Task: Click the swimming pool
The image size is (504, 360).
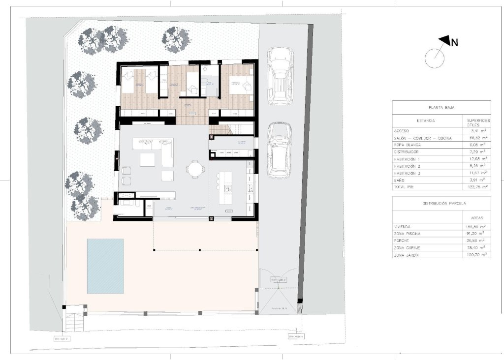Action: [105, 265]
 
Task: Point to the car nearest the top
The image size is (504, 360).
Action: [280, 76]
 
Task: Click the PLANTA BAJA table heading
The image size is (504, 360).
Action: [441, 107]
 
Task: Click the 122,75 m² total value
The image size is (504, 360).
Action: [476, 187]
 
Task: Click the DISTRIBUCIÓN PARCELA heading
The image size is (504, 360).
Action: [441, 203]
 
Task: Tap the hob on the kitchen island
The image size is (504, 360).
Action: [228, 188]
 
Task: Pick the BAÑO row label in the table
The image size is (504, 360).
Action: [400, 180]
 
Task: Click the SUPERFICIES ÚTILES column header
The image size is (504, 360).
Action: [477, 121]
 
